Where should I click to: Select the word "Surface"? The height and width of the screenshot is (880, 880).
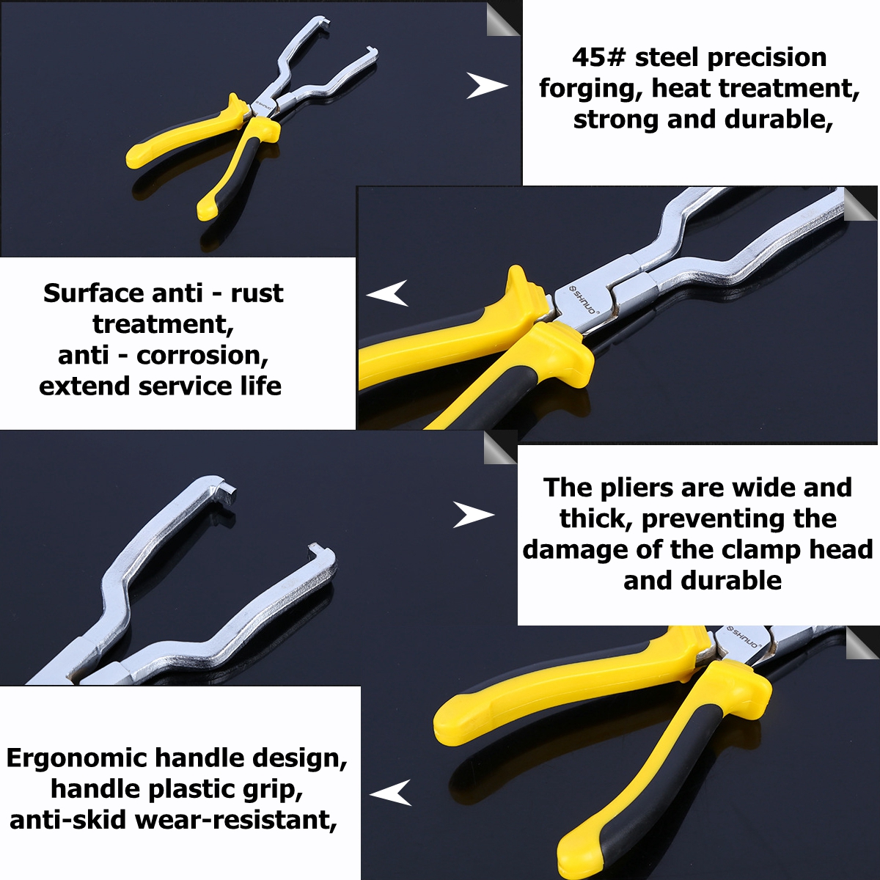[92, 293]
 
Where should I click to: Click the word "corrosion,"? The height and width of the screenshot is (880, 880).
[202, 356]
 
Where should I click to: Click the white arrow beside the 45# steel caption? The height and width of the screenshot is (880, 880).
[486, 86]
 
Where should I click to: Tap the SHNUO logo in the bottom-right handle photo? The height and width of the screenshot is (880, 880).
[746, 637]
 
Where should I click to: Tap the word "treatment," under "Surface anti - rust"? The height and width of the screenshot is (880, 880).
[163, 324]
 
